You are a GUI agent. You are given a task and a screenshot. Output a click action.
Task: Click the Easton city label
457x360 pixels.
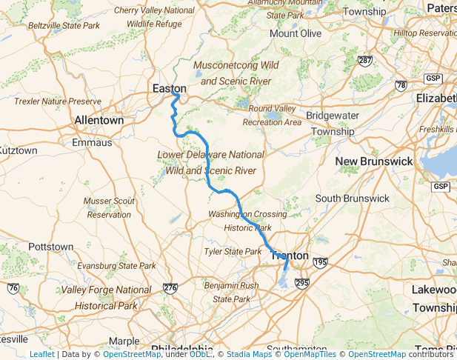(168, 88)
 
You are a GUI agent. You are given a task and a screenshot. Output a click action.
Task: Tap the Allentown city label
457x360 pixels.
(99, 120)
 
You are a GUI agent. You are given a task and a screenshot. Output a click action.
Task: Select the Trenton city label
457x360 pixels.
(290, 256)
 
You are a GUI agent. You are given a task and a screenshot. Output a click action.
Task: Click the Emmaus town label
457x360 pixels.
(93, 142)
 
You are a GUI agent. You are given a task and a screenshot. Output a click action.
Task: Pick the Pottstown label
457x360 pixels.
(50, 247)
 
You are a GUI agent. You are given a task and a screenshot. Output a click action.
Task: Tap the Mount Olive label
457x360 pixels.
(295, 33)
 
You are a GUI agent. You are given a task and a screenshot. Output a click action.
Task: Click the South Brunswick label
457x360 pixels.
(352, 199)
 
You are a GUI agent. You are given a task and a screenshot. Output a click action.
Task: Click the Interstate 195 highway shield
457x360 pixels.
(320, 263)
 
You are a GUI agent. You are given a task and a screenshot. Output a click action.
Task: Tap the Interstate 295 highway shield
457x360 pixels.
(300, 282)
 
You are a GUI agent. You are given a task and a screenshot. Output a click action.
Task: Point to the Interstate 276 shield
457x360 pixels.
(170, 288)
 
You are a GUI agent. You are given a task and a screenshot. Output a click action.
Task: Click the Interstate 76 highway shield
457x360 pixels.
(13, 288)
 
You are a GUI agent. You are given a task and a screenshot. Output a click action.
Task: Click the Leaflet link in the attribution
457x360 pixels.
(41, 354)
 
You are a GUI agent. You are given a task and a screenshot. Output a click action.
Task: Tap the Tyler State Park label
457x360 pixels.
(233, 252)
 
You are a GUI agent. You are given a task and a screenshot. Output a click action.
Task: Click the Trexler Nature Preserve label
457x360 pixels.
(57, 101)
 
